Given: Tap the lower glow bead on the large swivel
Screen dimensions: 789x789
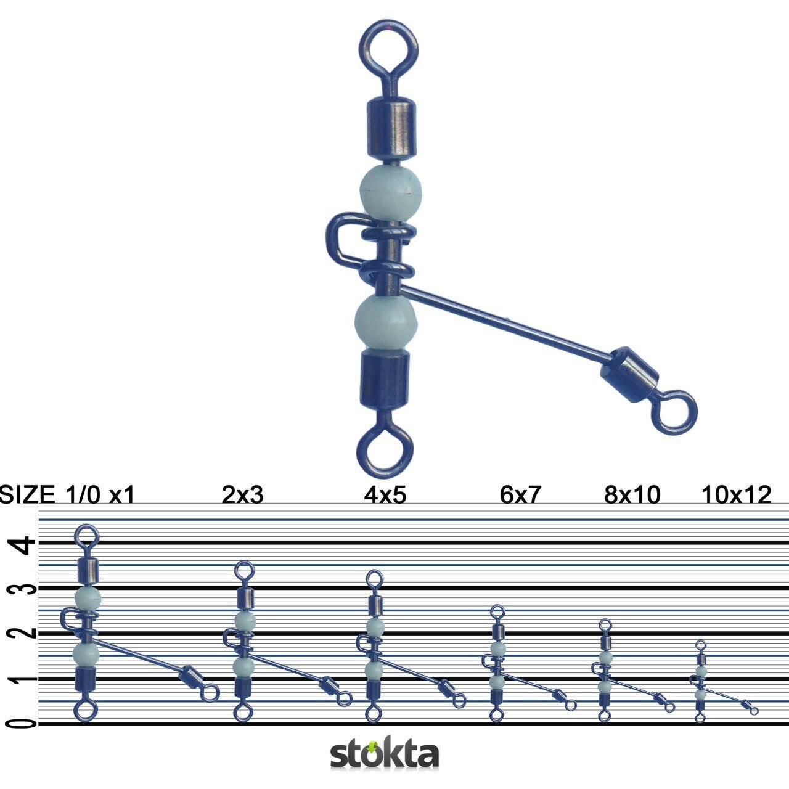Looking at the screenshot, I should pos(386,321).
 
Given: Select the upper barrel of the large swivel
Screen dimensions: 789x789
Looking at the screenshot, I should pos(388,128).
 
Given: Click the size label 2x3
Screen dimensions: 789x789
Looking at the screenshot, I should pos(242,495).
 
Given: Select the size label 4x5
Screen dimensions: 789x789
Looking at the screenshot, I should pos(385,495).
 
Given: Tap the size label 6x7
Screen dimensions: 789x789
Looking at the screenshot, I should pos(520,495).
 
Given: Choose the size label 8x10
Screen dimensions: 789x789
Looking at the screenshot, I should pos(632,495).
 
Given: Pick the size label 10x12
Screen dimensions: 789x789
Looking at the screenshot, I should pos(736,495).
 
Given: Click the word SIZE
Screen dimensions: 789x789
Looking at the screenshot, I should pos(27,495).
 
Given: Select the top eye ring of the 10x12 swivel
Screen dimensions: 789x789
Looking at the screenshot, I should pos(700,645).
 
